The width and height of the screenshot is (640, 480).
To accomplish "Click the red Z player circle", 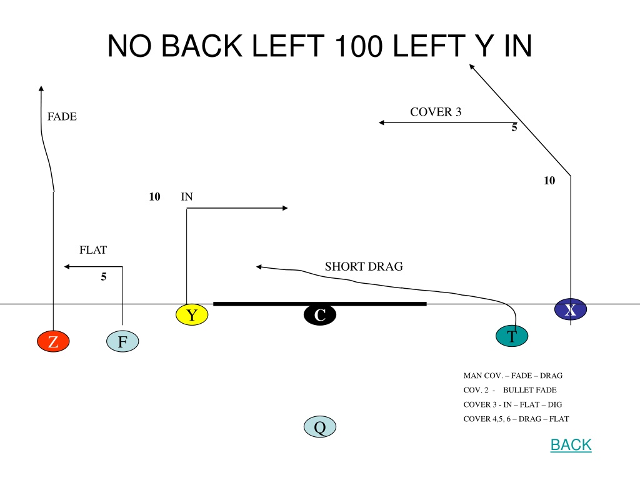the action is tap(54, 341).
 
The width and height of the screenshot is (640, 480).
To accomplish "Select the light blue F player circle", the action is tap(122, 341).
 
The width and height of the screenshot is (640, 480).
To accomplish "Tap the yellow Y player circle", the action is tap(192, 315).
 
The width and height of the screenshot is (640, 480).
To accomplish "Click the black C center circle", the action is tap(320, 315).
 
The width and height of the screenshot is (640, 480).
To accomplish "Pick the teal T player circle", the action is tap(512, 336).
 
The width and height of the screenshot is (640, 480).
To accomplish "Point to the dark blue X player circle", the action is tap(571, 309).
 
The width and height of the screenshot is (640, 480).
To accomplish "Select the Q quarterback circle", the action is tap(320, 427).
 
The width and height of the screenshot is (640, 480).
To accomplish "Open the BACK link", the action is tap(571, 444).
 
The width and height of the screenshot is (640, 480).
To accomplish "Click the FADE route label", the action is tap(62, 117).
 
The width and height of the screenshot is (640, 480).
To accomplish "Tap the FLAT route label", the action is tap(93, 250).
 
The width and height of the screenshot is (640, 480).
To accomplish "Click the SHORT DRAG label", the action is tap(364, 266).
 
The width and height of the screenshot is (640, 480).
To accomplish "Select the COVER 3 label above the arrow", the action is tap(436, 112).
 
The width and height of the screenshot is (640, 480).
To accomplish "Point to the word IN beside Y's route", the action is tap(186, 197).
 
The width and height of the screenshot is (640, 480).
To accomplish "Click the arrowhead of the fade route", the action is tap(41, 88).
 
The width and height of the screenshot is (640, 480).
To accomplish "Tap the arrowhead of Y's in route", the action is tap(285, 208).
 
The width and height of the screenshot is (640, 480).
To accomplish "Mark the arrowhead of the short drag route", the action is tap(259, 267).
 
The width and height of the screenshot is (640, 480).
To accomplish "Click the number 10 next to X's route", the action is tap(549, 181).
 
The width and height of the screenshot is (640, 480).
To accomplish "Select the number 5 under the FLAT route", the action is tap(104, 277).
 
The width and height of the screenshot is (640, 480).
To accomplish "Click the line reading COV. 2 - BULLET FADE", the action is tap(510, 390).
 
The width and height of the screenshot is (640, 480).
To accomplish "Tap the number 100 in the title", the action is tap(358, 46).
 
